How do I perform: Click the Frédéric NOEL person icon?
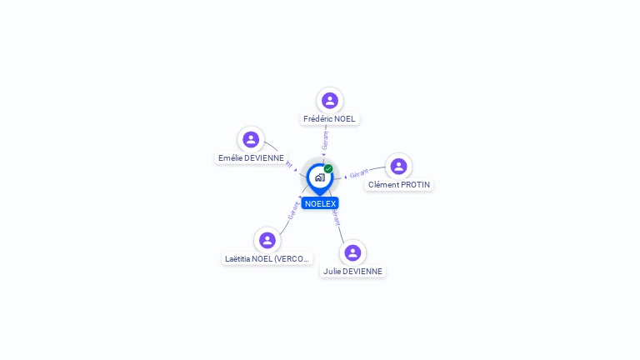click(x=330, y=100)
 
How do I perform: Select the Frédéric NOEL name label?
click(x=329, y=119)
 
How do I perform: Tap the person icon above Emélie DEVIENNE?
click(x=251, y=139)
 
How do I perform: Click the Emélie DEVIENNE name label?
click(x=251, y=158)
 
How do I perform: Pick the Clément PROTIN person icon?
click(x=398, y=166)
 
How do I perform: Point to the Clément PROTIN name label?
click(x=399, y=185)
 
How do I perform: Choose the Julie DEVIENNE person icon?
click(x=352, y=252)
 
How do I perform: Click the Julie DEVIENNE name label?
click(x=352, y=272)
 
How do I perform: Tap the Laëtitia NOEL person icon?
click(x=267, y=240)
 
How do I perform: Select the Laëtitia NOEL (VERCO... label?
click(x=267, y=259)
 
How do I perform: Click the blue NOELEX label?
click(x=320, y=204)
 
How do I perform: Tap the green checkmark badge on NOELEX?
click(x=328, y=169)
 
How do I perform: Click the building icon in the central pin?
click(x=319, y=177)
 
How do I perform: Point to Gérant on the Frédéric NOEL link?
click(x=325, y=139)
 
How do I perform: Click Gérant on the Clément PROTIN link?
click(x=359, y=174)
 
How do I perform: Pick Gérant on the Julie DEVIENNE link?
click(x=336, y=218)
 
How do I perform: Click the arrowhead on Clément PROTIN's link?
click(x=345, y=177)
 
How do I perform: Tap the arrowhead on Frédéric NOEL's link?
click(x=323, y=154)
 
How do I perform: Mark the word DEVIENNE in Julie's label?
click(x=363, y=272)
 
